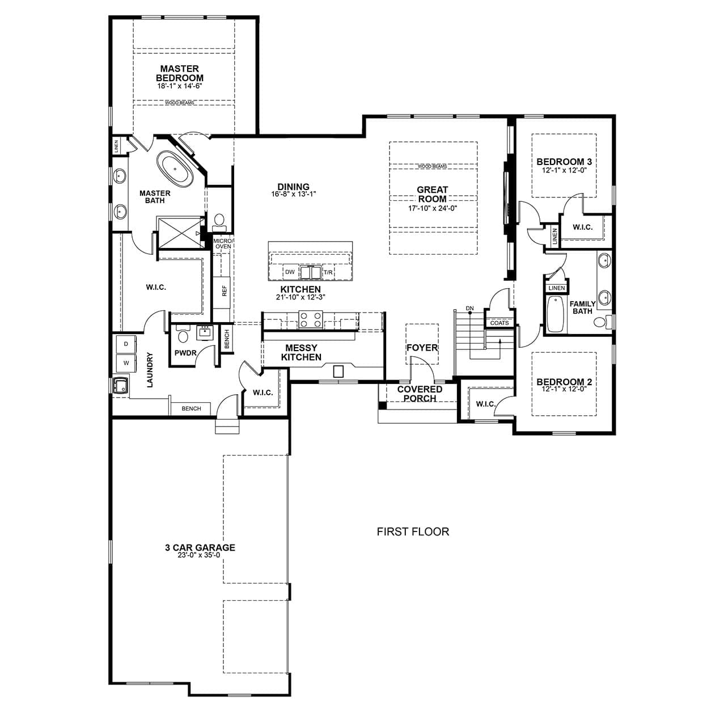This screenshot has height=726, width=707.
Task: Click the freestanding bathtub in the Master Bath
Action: (176, 168)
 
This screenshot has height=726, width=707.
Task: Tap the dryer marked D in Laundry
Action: (126, 344)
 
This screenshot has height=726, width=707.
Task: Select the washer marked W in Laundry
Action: (126, 362)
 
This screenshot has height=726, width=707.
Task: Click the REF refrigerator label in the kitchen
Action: (224, 290)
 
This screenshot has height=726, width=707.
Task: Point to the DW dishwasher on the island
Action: (290, 272)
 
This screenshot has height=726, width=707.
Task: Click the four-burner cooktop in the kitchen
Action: (311, 319)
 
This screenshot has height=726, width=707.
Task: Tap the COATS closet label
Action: (499, 323)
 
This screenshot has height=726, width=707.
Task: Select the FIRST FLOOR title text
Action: (413, 531)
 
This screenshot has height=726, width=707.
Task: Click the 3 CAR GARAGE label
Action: (200, 547)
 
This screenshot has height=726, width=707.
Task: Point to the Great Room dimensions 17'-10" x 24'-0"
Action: (433, 208)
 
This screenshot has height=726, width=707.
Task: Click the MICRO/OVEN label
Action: (223, 244)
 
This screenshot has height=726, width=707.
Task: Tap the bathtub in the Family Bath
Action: (555, 314)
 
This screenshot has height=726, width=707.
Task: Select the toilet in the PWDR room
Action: (183, 334)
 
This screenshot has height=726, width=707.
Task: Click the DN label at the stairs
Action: (470, 308)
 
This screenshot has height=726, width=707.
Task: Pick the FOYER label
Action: (422, 348)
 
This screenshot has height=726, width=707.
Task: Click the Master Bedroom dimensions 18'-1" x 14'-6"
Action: (180, 86)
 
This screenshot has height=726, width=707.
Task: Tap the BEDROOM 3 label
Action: (564, 162)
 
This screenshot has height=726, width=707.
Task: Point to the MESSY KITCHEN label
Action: (301, 353)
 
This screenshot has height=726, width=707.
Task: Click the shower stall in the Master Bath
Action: (180, 233)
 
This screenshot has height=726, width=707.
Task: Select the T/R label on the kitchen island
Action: (328, 272)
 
